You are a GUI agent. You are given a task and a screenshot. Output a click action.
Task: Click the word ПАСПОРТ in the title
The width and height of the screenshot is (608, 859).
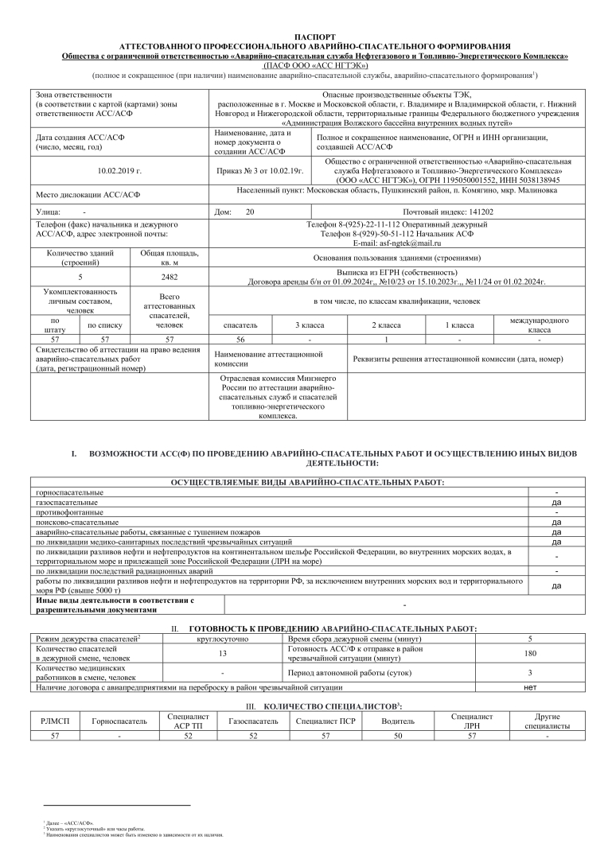(315, 37)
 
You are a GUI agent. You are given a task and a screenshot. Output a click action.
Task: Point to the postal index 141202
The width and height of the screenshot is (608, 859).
(481, 212)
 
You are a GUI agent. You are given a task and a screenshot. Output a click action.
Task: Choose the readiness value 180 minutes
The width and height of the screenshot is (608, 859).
(530, 654)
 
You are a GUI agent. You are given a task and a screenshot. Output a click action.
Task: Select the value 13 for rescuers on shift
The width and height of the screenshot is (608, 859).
(222, 654)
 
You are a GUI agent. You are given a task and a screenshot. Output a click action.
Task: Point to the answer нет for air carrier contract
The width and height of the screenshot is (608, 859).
(530, 686)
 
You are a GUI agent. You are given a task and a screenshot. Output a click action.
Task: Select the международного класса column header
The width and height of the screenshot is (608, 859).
(540, 325)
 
